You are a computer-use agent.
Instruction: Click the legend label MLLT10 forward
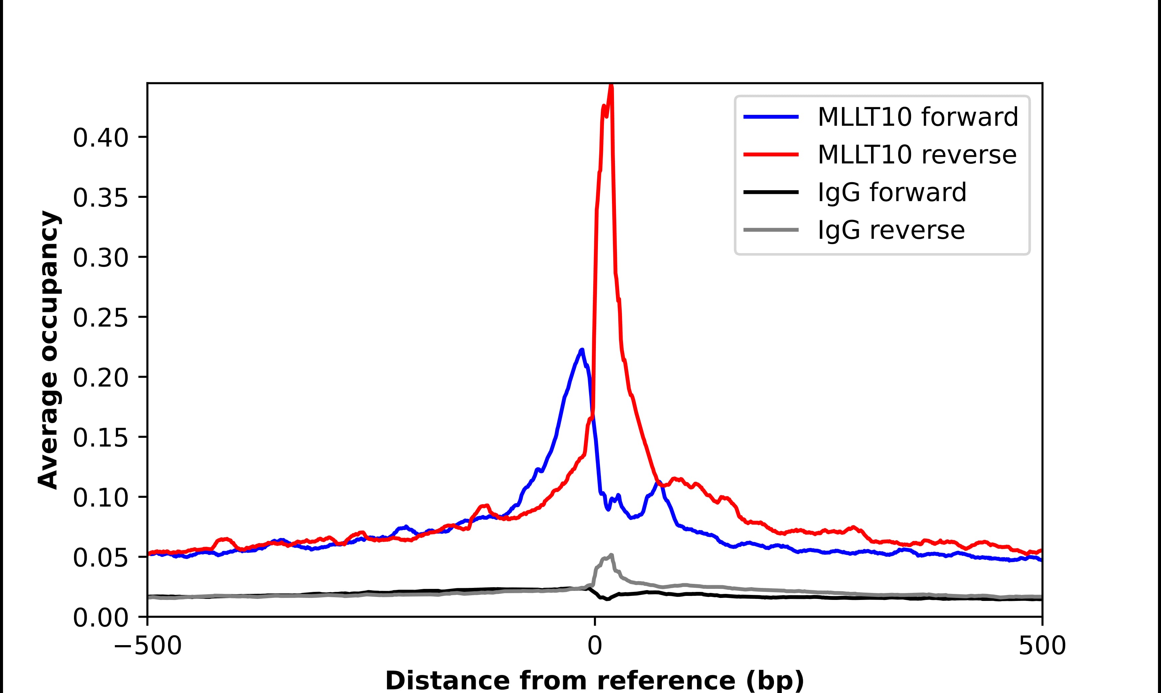pos(917,117)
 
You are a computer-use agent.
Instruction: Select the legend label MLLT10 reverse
pos(916,155)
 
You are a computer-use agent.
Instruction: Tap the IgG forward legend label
pos(892,192)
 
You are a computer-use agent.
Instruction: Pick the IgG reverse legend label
pos(891,230)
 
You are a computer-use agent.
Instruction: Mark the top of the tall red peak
pos(611,86)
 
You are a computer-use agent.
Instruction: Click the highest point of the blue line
pos(582,350)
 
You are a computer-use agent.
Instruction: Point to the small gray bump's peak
pos(611,555)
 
